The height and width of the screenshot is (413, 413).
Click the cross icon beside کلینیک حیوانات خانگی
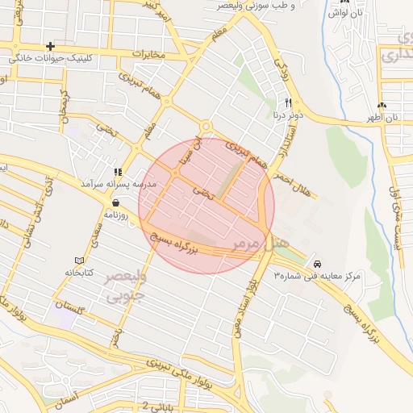(x=51, y=46)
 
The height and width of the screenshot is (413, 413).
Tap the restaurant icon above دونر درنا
(x=288, y=102)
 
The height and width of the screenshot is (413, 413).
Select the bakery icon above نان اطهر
(x=382, y=105)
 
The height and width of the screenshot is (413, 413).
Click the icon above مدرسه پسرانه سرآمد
(x=118, y=172)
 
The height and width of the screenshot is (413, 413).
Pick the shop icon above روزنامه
(x=118, y=203)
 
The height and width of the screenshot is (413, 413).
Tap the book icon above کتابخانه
(x=78, y=260)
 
